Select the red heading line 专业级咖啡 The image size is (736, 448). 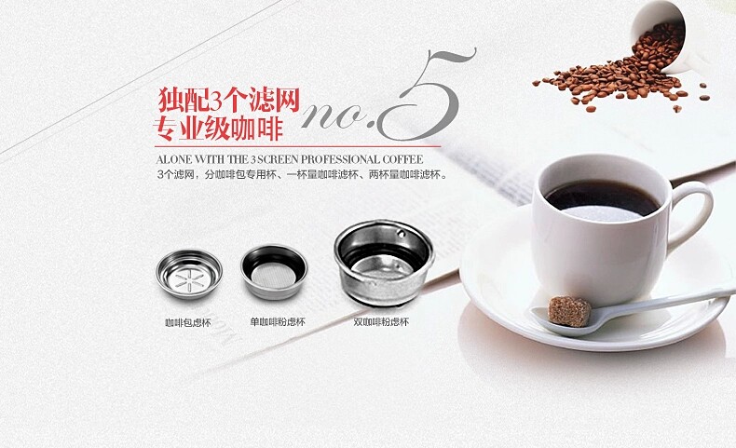tap(218, 129)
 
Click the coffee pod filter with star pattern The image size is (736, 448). tap(189, 275)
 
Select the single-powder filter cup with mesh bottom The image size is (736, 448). tap(274, 271)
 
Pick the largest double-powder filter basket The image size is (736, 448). tap(385, 263)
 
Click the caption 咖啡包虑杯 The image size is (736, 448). tap(188, 323)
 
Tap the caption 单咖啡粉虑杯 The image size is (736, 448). tap(278, 322)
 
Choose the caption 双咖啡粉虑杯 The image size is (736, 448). tap(381, 322)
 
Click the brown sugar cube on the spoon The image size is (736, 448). tap(569, 310)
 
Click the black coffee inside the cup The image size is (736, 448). tap(602, 199)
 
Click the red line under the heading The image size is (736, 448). tap(298, 146)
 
